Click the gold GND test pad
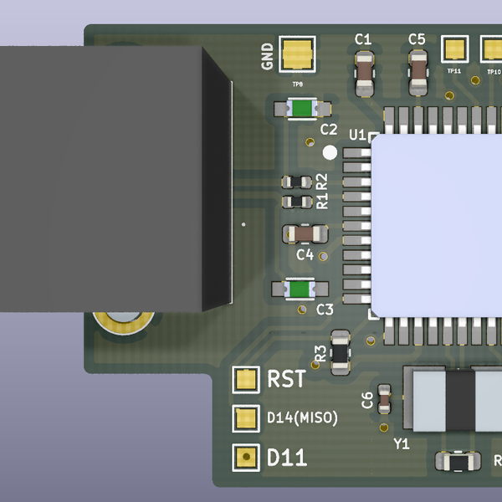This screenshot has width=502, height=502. coord(297,56)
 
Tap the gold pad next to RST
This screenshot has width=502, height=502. coord(245,379)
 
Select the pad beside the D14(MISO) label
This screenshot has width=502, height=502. coord(245,418)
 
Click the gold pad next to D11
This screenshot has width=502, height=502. coord(245,457)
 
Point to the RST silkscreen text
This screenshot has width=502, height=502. coord(285,379)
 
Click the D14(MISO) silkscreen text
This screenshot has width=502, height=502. coord(302,417)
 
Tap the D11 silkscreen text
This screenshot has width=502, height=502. coord(286,458)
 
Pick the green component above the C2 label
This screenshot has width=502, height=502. coord(300,108)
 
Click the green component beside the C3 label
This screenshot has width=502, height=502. coord(300,289)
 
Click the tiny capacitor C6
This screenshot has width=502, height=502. coord(384,399)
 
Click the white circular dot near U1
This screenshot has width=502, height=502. coord(330,152)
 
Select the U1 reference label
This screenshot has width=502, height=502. coord(357,135)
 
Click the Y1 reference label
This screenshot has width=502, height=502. coord(402,444)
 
